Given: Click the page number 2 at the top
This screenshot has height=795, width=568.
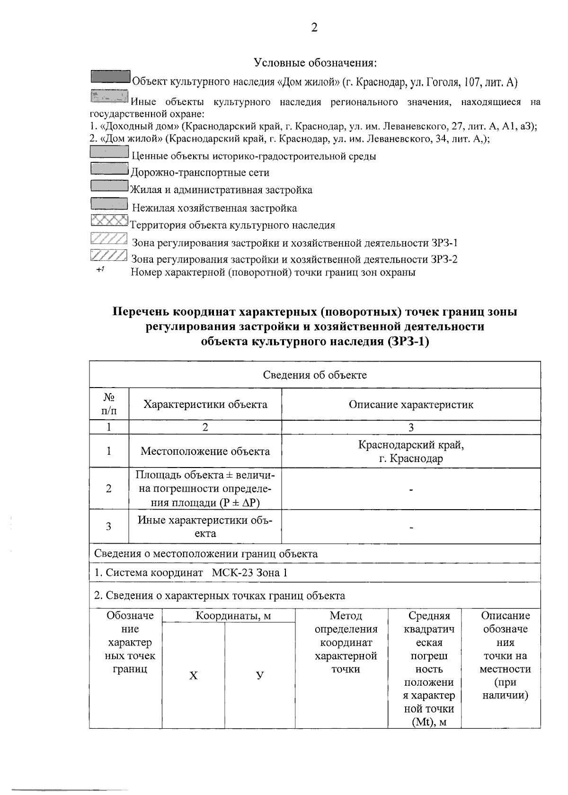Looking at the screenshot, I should tap(314, 27).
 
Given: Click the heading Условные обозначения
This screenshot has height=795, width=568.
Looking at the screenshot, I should tap(315, 63).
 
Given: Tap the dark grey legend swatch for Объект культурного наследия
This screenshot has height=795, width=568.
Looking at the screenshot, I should tap(110, 77).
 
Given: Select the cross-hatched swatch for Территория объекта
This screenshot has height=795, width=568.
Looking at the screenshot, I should tap(109, 221).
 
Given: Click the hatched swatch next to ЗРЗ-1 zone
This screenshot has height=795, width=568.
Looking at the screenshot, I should tap(108, 239).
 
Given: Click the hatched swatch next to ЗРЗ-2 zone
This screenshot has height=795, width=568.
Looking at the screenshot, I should tap(108, 256).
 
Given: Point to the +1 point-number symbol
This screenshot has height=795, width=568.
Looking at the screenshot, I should tap(100, 270).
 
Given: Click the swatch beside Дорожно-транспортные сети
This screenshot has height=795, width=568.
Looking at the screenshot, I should tap(109, 168).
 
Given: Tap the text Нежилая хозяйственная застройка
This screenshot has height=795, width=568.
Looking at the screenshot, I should tap(214, 208).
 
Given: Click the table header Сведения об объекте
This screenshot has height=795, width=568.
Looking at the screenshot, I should tap(315, 375).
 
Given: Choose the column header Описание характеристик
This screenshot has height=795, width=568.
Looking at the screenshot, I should tap(411, 405).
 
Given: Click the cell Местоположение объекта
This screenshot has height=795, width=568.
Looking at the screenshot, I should tap(205, 451).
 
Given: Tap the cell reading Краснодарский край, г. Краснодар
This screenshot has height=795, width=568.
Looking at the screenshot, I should tap(411, 451).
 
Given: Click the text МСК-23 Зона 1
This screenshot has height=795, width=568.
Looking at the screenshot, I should tap(249, 573).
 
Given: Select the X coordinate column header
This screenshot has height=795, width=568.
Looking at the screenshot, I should tap(193, 676).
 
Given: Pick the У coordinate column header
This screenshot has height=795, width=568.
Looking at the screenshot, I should tap(259, 676).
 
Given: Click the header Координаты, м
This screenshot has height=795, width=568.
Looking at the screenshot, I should tap(228, 616).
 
